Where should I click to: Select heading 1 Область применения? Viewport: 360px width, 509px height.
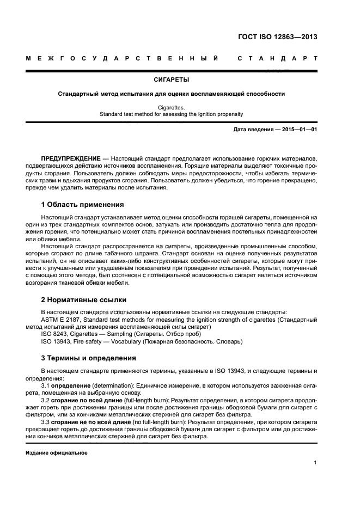tap(83, 205)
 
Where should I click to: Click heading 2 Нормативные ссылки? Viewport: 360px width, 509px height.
tap(84, 299)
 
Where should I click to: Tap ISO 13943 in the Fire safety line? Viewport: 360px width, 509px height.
tap(57, 341)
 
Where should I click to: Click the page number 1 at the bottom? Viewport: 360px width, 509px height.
tap(315, 463)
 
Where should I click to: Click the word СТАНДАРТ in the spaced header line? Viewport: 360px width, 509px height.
tap(277, 58)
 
